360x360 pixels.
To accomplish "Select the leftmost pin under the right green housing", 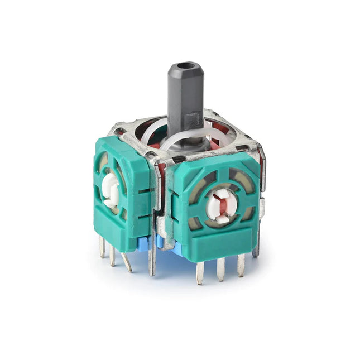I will [200, 272].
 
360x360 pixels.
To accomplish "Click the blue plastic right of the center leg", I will [163, 243].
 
